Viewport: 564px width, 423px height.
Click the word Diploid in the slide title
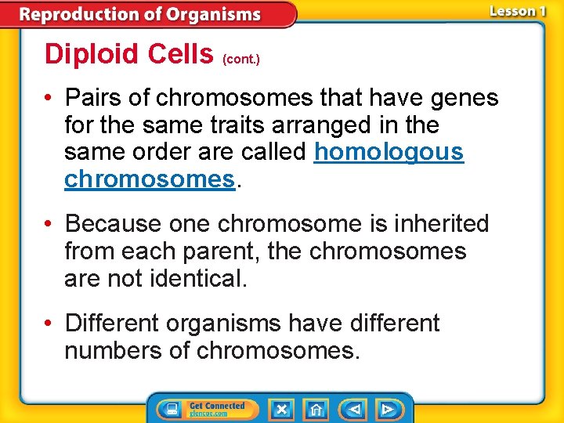click(x=88, y=54)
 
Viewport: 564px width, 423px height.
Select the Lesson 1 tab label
click(x=517, y=11)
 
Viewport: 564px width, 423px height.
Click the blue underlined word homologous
click(x=389, y=152)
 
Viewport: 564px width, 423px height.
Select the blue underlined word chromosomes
click(x=149, y=179)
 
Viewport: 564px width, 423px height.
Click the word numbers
click(x=114, y=350)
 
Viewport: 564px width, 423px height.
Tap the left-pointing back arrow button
click(x=353, y=410)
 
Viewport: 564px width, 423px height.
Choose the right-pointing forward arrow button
click(x=387, y=410)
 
